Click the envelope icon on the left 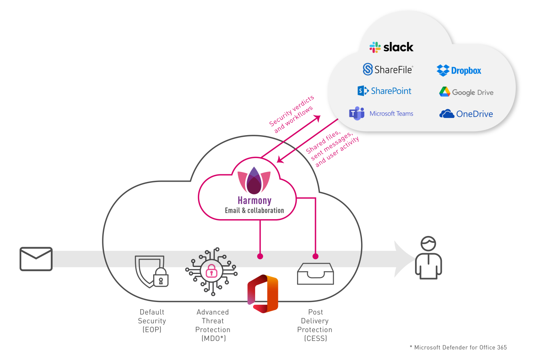click(x=36, y=259)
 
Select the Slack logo click(x=391, y=47)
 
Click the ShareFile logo click(x=387, y=70)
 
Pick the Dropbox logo click(x=459, y=71)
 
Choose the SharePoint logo click(x=384, y=91)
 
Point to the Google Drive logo click(x=466, y=92)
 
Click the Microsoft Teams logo click(x=381, y=114)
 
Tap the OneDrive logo click(x=466, y=114)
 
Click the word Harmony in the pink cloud click(x=254, y=200)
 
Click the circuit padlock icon click(x=211, y=272)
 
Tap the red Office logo click(x=263, y=294)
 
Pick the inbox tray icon click(x=315, y=274)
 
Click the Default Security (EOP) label click(x=152, y=321)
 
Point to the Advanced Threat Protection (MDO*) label click(x=213, y=325)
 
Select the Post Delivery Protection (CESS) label click(x=315, y=325)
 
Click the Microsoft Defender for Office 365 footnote click(x=458, y=348)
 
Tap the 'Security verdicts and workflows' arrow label click(x=291, y=114)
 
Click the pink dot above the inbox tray click(x=315, y=256)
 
